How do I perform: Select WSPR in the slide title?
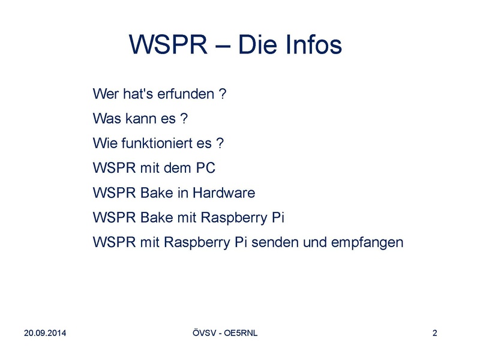tap(168, 44)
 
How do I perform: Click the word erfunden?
tap(185, 94)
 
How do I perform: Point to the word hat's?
tap(138, 94)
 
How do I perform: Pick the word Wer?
tap(106, 94)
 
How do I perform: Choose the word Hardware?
tap(224, 193)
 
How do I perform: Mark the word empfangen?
tap(367, 243)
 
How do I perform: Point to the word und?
tap(315, 242)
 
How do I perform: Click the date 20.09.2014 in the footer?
tap(45, 333)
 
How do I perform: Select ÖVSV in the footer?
tap(205, 333)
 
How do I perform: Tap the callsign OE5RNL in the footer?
tap(241, 333)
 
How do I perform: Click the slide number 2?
tap(434, 333)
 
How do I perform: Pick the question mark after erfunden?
tap(223, 94)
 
